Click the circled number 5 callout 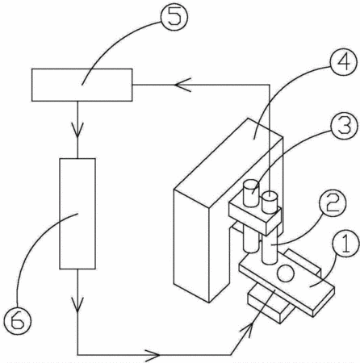[x=174, y=17]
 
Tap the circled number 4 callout [x=344, y=63]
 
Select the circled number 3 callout [x=345, y=126]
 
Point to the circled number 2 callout [x=333, y=203]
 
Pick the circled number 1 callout [x=345, y=244]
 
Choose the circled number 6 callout [x=18, y=321]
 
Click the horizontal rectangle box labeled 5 [x=82, y=85]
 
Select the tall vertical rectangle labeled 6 [x=77, y=214]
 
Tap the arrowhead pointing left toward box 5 [x=183, y=85]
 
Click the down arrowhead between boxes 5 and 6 [x=77, y=130]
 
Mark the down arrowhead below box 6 [x=77, y=305]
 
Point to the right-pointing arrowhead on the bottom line [x=153, y=355]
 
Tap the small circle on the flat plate [x=286, y=273]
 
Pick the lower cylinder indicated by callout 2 [x=270, y=248]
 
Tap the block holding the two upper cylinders [x=255, y=218]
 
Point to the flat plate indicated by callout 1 [x=287, y=285]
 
